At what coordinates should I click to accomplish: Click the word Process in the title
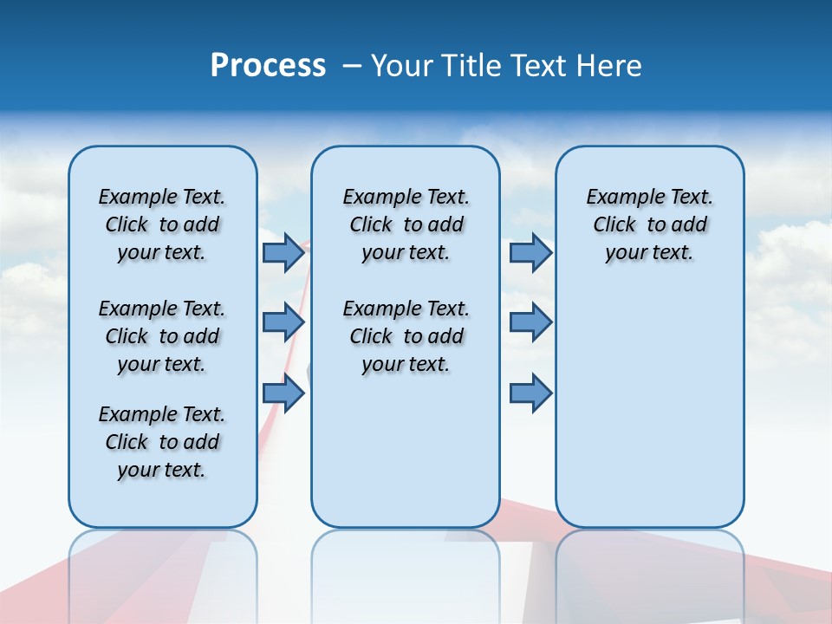[268, 66]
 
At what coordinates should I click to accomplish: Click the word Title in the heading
[470, 66]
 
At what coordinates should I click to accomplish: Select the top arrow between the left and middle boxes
[283, 253]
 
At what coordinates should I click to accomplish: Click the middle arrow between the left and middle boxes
[283, 322]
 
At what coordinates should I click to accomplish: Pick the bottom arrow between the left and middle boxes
[283, 393]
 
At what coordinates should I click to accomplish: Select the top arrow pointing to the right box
[530, 253]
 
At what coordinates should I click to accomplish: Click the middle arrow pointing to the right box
[530, 322]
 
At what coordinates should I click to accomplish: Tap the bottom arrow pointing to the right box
[530, 393]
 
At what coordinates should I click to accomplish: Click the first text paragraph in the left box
[162, 224]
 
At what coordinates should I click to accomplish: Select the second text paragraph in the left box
[162, 336]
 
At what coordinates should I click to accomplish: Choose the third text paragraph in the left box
[162, 442]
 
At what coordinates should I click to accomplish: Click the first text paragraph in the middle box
[406, 224]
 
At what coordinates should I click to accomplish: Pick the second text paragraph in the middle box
[406, 336]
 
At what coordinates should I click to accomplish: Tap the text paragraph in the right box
[650, 224]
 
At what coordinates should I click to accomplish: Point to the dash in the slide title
[352, 66]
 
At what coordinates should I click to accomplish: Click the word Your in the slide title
[401, 66]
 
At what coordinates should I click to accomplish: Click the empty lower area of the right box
[650, 416]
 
